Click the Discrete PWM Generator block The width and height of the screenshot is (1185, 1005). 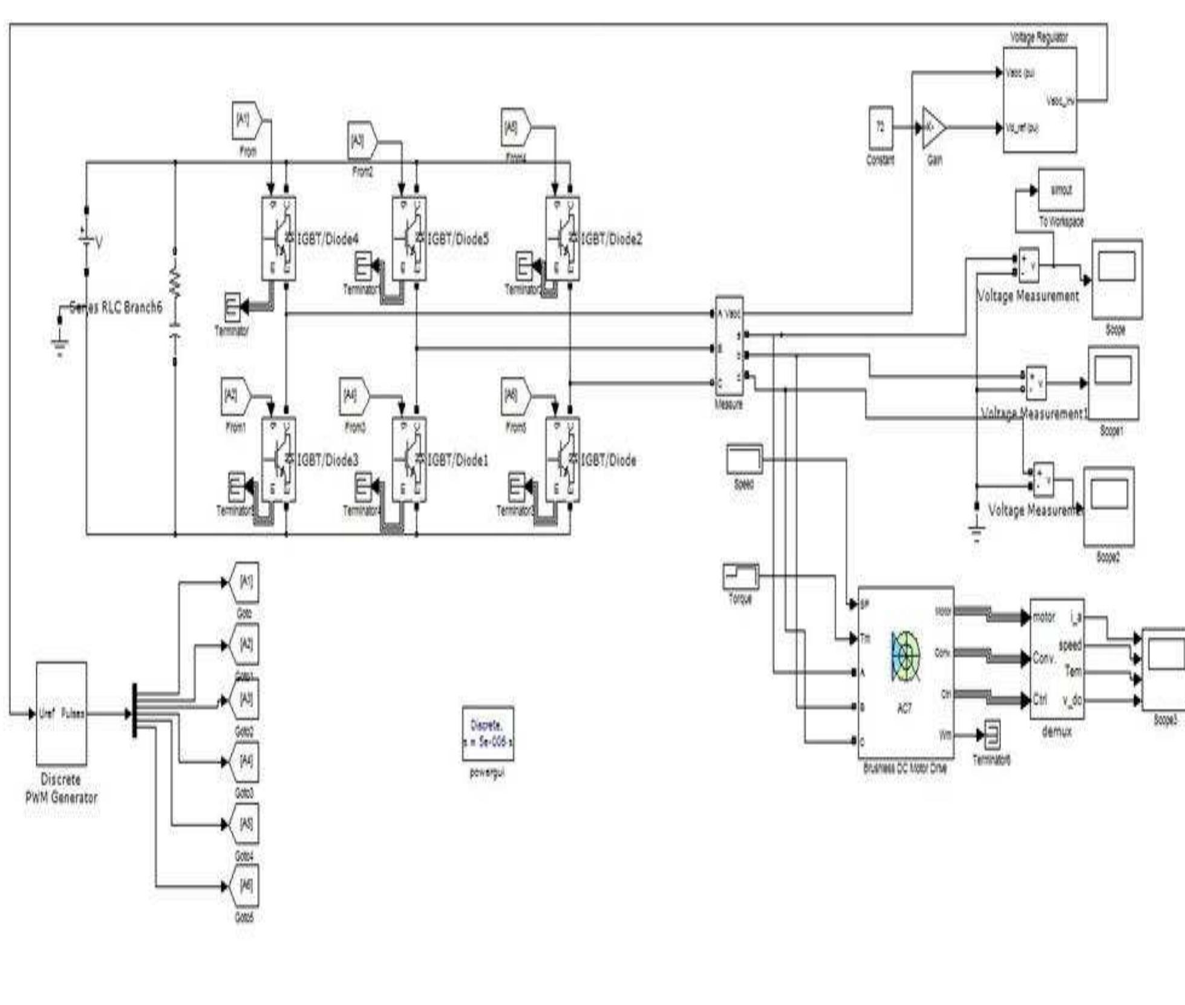tap(61, 713)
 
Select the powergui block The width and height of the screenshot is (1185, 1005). tap(488, 733)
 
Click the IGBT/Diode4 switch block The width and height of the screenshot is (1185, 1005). tap(278, 238)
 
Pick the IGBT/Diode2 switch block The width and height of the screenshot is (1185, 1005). tap(562, 238)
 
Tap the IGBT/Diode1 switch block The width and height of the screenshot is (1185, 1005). tap(409, 460)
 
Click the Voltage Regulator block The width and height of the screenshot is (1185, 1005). tap(1039, 100)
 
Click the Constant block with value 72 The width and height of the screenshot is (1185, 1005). tap(880, 128)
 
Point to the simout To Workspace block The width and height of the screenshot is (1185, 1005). tap(1061, 190)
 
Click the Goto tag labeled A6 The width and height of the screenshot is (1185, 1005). tap(244, 886)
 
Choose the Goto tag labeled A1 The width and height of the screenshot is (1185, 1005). tap(244, 582)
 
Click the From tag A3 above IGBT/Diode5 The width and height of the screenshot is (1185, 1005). tap(362, 142)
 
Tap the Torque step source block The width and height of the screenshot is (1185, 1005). tap(740, 576)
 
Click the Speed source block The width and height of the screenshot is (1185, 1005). tap(744, 459)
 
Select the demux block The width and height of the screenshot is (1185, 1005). tap(1056, 659)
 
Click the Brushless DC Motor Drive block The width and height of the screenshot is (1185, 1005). tap(905, 672)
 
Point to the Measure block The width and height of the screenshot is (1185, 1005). tap(729, 346)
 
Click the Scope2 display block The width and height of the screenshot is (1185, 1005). tap(1108, 506)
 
